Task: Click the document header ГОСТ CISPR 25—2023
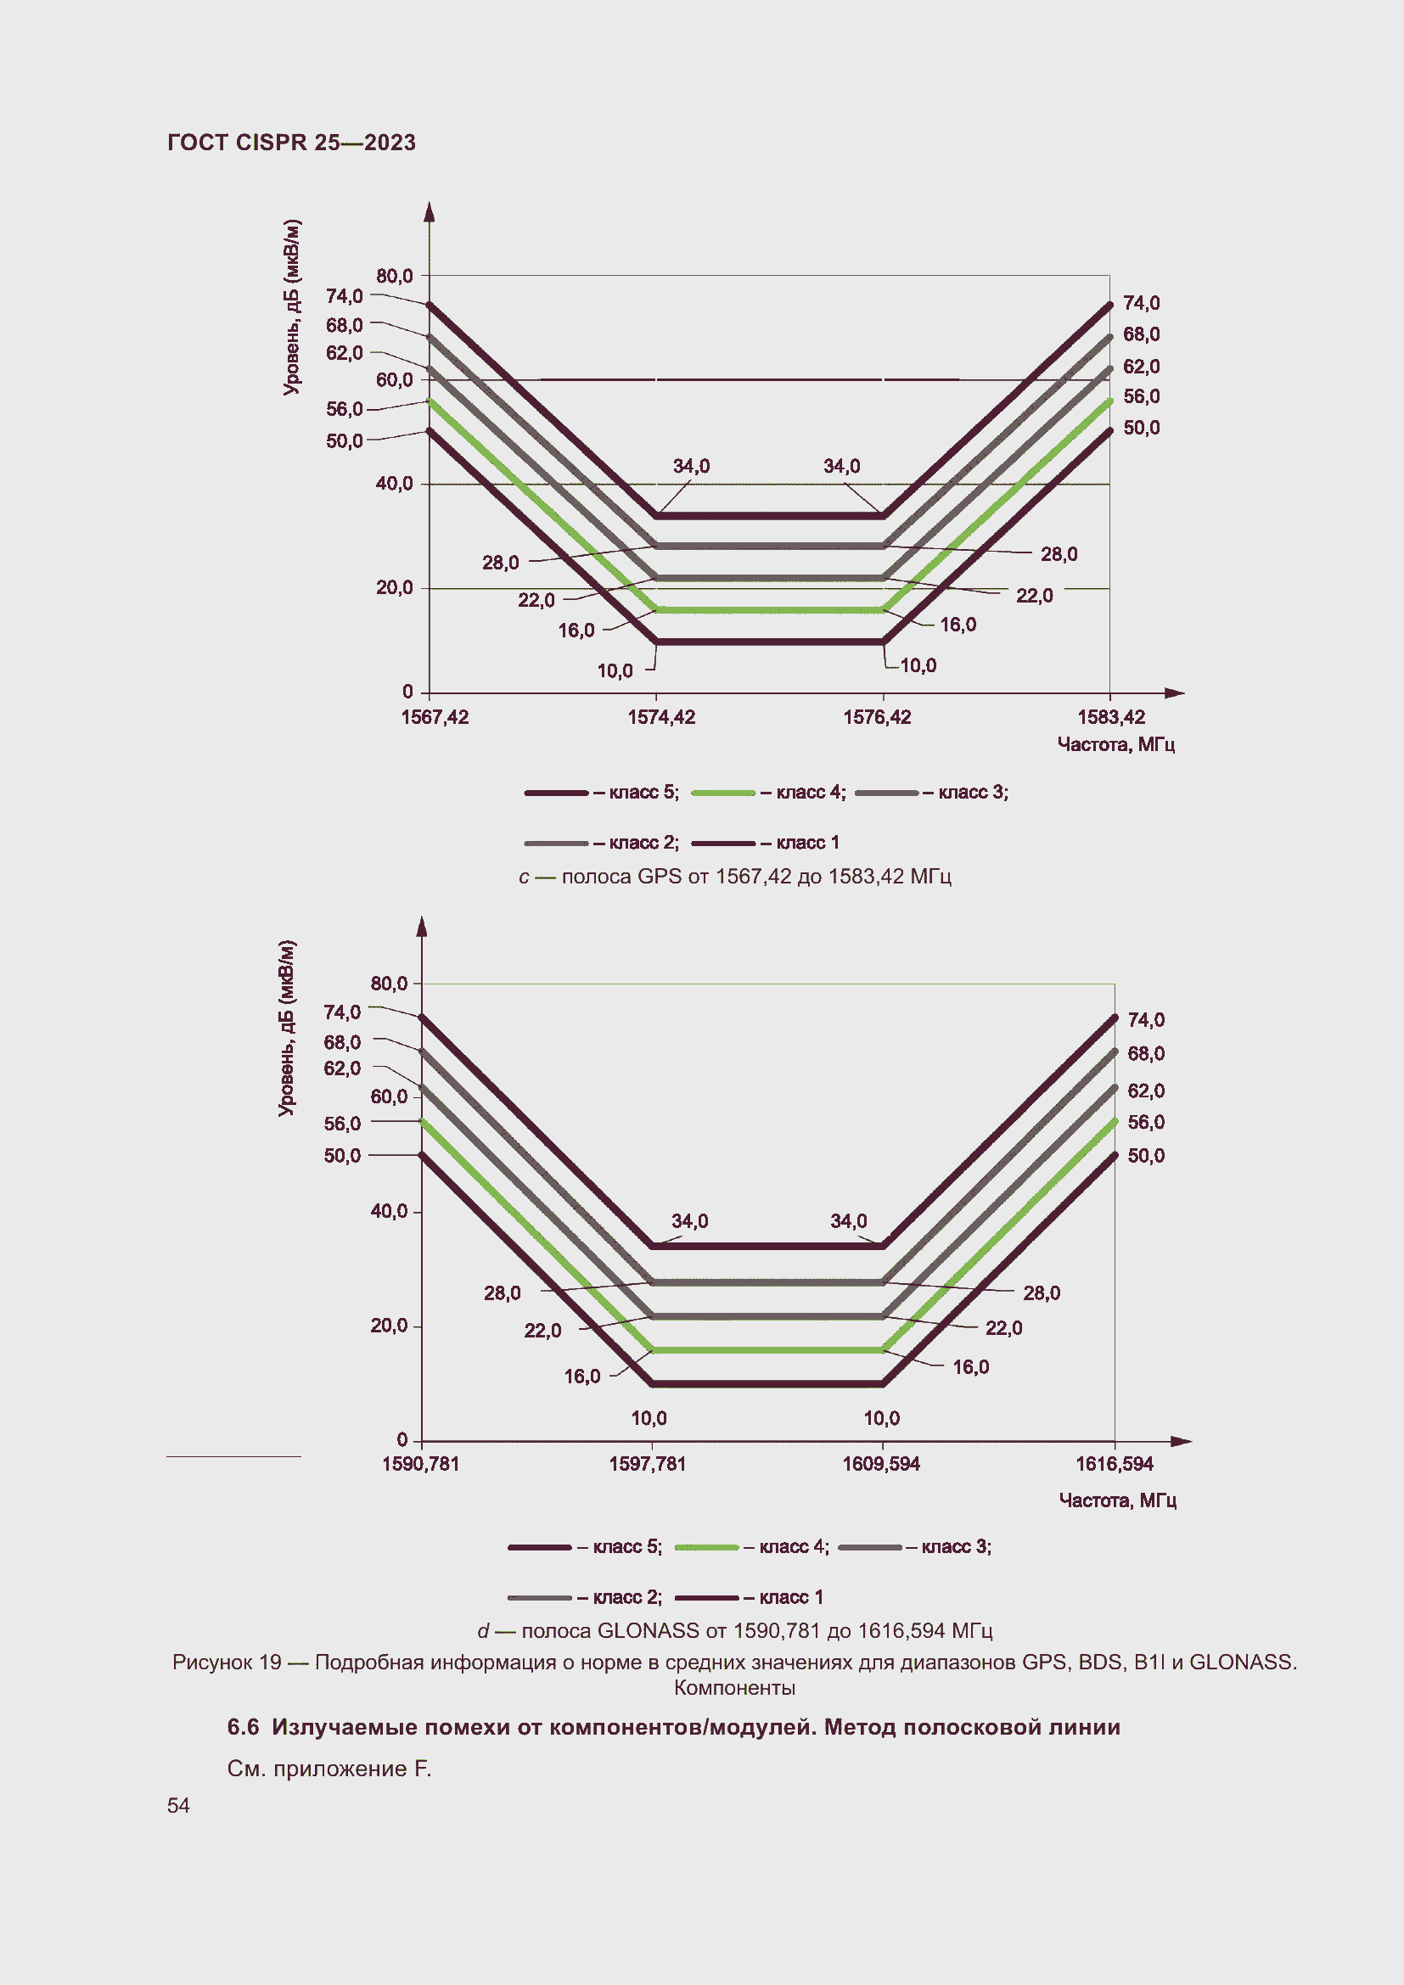pyautogui.click(x=291, y=143)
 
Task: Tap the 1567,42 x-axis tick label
pyautogui.click(x=435, y=717)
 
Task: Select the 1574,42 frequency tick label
pyautogui.click(x=661, y=717)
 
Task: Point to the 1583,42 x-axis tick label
pyautogui.click(x=1111, y=717)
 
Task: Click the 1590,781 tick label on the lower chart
pyautogui.click(x=420, y=1464)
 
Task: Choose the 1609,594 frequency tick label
pyautogui.click(x=881, y=1464)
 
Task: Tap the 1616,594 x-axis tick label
pyautogui.click(x=1115, y=1464)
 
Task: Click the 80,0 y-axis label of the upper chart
pyautogui.click(x=394, y=276)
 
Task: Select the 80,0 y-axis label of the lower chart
pyautogui.click(x=389, y=983)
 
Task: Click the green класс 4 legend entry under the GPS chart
pyautogui.click(x=769, y=792)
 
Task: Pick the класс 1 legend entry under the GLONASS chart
pyautogui.click(x=750, y=1597)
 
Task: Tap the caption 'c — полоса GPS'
pyautogui.click(x=735, y=876)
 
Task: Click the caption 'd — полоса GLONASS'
pyautogui.click(x=735, y=1630)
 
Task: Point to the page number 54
pyautogui.click(x=178, y=1805)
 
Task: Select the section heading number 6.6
pyautogui.click(x=243, y=1726)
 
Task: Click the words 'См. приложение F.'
pyautogui.click(x=329, y=1768)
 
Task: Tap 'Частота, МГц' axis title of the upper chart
pyautogui.click(x=1115, y=744)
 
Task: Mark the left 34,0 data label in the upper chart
pyautogui.click(x=691, y=466)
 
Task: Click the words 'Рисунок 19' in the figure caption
pyautogui.click(x=227, y=1662)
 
